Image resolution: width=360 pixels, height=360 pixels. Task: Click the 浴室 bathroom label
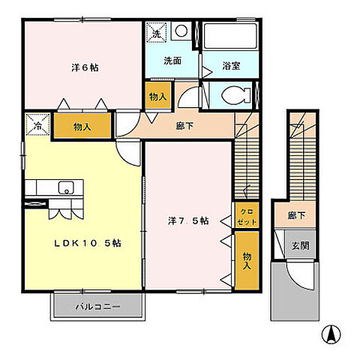[230, 66]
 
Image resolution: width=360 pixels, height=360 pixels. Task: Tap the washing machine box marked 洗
[156, 33]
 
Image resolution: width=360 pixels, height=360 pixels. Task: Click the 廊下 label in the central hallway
[184, 126]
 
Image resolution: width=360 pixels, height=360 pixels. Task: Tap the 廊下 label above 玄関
[297, 215]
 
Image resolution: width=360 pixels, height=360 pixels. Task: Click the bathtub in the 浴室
[231, 36]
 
